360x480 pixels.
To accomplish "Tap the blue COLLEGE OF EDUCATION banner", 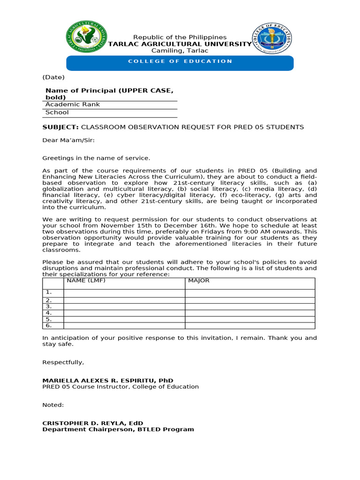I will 180,61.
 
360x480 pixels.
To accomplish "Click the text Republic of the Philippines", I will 180,37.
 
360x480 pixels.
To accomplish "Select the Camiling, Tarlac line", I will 180,51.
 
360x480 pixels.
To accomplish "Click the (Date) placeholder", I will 53,77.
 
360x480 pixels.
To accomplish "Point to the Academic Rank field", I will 73,105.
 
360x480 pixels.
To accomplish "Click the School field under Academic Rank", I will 57,112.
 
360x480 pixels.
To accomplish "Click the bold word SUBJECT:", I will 60,127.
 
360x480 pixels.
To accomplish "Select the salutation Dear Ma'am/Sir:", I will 68,140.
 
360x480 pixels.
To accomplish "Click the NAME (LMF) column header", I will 86,281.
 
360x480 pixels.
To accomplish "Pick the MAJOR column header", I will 199,281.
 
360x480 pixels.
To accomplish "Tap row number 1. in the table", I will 48,292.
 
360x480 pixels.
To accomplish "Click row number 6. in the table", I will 48,325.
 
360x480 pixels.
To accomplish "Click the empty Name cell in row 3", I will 124,307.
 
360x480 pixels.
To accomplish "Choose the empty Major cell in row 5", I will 250,319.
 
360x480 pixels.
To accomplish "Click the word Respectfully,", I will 63,362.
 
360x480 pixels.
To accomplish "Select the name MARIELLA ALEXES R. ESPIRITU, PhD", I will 108,381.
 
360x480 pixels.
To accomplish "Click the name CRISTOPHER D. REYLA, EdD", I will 93,423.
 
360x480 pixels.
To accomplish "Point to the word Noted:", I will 53,405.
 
